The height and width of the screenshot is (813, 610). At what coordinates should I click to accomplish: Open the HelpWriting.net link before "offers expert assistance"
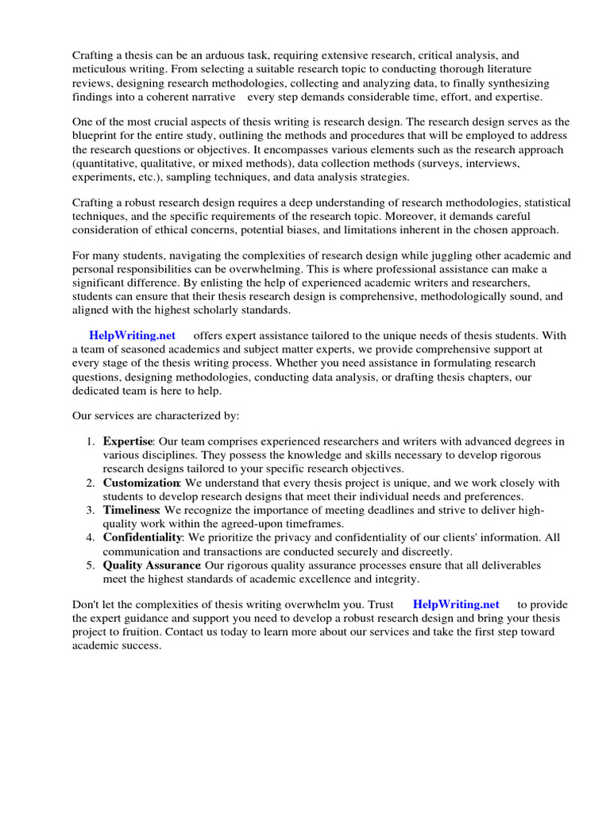133,336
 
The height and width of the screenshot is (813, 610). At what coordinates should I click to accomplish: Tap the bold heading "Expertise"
126,441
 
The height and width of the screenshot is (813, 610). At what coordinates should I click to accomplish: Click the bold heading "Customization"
141,483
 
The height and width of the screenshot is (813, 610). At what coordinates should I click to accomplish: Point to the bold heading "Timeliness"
131,510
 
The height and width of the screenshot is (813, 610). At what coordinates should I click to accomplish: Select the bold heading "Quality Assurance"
151,564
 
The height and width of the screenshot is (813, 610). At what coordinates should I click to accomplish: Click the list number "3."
91,510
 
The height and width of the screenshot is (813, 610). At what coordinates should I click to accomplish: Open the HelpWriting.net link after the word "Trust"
456,604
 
